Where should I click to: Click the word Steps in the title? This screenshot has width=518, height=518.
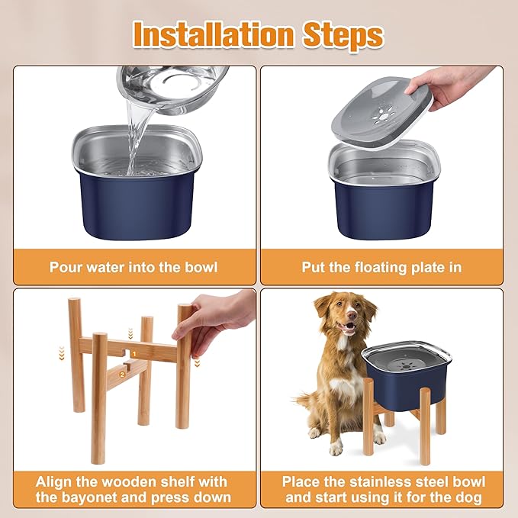343,34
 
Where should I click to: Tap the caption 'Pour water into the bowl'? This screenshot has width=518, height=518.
134,267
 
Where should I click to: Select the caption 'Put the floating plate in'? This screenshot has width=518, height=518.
382,267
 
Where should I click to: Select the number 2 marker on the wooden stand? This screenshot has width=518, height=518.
121,375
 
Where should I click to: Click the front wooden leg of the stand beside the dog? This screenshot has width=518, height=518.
424,427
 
